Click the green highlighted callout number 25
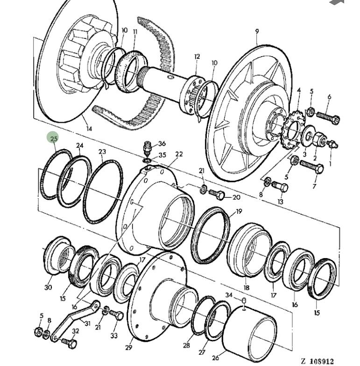coord(54,138)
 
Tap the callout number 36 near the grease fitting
coord(162,144)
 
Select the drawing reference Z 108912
coord(318,360)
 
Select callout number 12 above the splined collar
coord(197,57)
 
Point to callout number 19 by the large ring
coord(239,211)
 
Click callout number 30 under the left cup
coord(48,287)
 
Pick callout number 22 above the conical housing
coord(179,154)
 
